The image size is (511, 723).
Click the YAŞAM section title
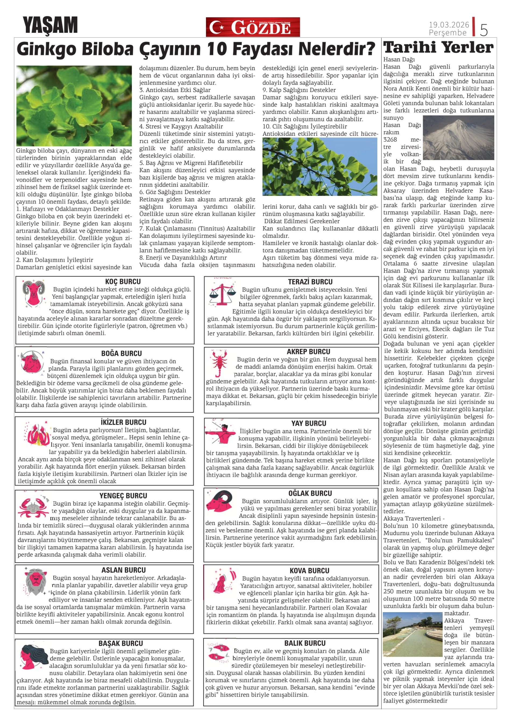click(x=50, y=25)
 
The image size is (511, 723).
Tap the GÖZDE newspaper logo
click(x=253, y=27)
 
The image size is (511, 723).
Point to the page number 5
click(x=484, y=30)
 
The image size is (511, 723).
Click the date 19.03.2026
click(x=449, y=24)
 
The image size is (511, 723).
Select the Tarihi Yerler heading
click(x=438, y=48)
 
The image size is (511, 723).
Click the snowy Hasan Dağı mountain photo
click(x=458, y=138)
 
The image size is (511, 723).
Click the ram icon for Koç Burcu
click(x=34, y=293)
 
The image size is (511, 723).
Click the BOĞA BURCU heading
click(x=122, y=353)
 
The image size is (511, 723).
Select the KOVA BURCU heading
click(x=309, y=570)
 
